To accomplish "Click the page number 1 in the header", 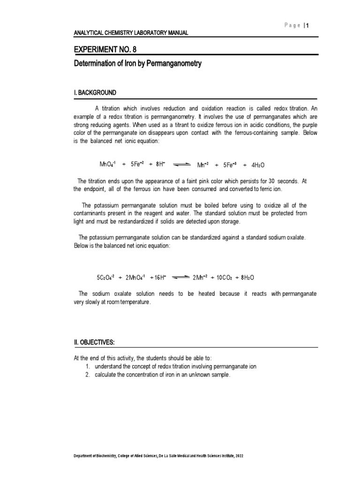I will point(307,26).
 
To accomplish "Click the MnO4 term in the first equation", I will point(107,165).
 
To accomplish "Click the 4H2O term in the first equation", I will point(258,165).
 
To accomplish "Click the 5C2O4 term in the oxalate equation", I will point(105,277).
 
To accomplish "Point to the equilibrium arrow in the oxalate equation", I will point(180,277).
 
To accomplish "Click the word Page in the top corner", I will point(292,26).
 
